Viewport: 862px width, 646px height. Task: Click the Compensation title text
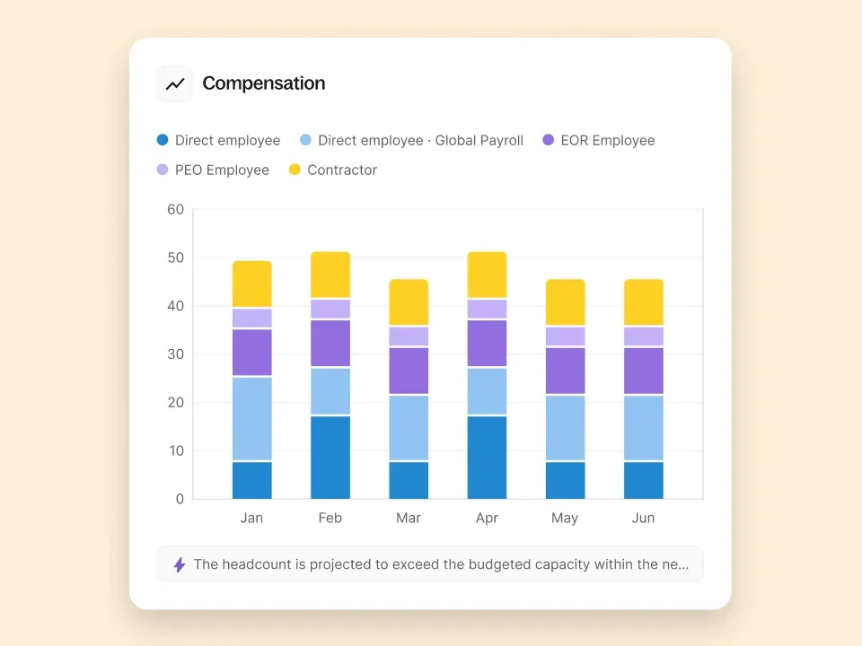(x=263, y=83)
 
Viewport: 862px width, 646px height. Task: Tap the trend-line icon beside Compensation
(x=175, y=84)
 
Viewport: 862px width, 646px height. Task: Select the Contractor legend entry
(x=332, y=170)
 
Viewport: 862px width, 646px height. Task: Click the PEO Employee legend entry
(x=213, y=170)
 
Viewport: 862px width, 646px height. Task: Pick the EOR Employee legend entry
(x=598, y=140)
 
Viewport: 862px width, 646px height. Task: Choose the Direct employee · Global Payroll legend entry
(x=411, y=140)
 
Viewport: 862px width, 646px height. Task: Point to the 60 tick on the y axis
(x=175, y=210)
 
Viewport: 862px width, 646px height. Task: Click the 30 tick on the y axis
(x=175, y=354)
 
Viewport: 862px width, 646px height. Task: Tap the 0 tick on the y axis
(x=180, y=499)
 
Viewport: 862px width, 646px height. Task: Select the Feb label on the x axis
(x=330, y=518)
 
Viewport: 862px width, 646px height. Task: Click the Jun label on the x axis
(x=644, y=518)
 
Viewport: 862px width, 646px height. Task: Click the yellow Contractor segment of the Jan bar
(x=252, y=284)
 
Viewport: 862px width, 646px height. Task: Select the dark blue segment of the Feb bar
(x=330, y=458)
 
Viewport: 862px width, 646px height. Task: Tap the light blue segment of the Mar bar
(x=409, y=428)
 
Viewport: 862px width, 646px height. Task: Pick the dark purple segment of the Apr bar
(x=487, y=344)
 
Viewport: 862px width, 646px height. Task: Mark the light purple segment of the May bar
(x=566, y=336)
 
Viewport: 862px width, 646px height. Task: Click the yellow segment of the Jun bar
(x=644, y=302)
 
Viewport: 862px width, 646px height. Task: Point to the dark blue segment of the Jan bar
(x=252, y=480)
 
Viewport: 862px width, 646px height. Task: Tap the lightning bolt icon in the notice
(x=180, y=564)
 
